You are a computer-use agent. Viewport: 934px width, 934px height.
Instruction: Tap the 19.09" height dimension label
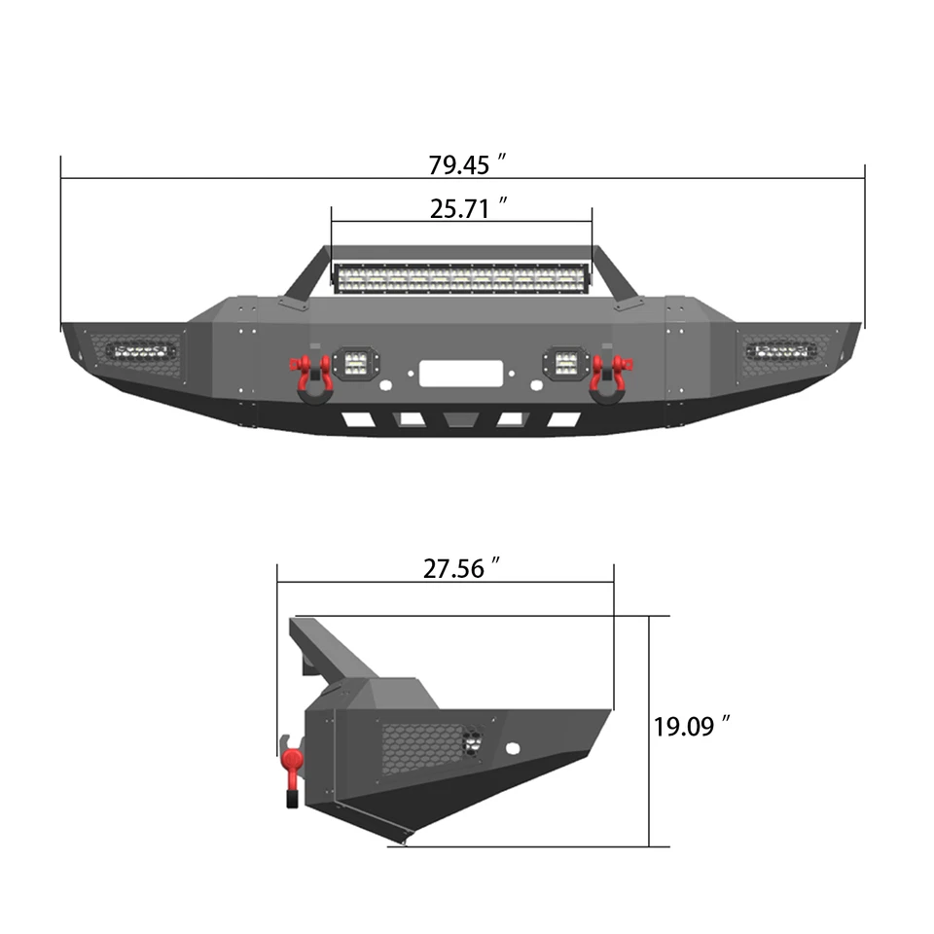point(692,726)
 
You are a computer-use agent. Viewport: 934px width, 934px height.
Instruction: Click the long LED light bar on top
point(461,278)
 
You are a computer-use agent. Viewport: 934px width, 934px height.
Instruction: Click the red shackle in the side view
point(291,769)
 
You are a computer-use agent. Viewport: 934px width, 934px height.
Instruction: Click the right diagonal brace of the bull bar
point(615,274)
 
